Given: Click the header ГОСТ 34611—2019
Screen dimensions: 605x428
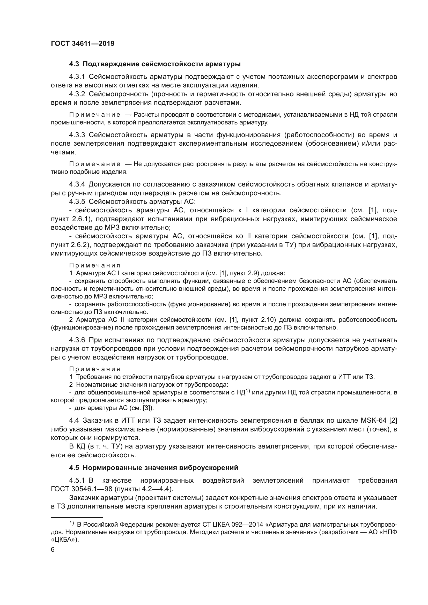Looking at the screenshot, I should pos(83,44).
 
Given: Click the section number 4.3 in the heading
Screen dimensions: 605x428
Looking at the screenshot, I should pos(74,64).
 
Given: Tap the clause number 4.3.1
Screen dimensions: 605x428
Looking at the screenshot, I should pos(77,77).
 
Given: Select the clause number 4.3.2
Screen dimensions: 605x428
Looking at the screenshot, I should pos(77,94).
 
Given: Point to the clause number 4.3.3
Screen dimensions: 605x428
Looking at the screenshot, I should pos(77,135).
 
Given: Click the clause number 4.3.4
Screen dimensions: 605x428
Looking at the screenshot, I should pos(77,184).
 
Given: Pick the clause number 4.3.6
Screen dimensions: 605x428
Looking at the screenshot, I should pos(77,340).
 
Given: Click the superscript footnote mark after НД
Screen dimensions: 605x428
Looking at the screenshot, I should pos(248,391).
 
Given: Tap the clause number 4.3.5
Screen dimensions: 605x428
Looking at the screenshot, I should pos(77,201).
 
